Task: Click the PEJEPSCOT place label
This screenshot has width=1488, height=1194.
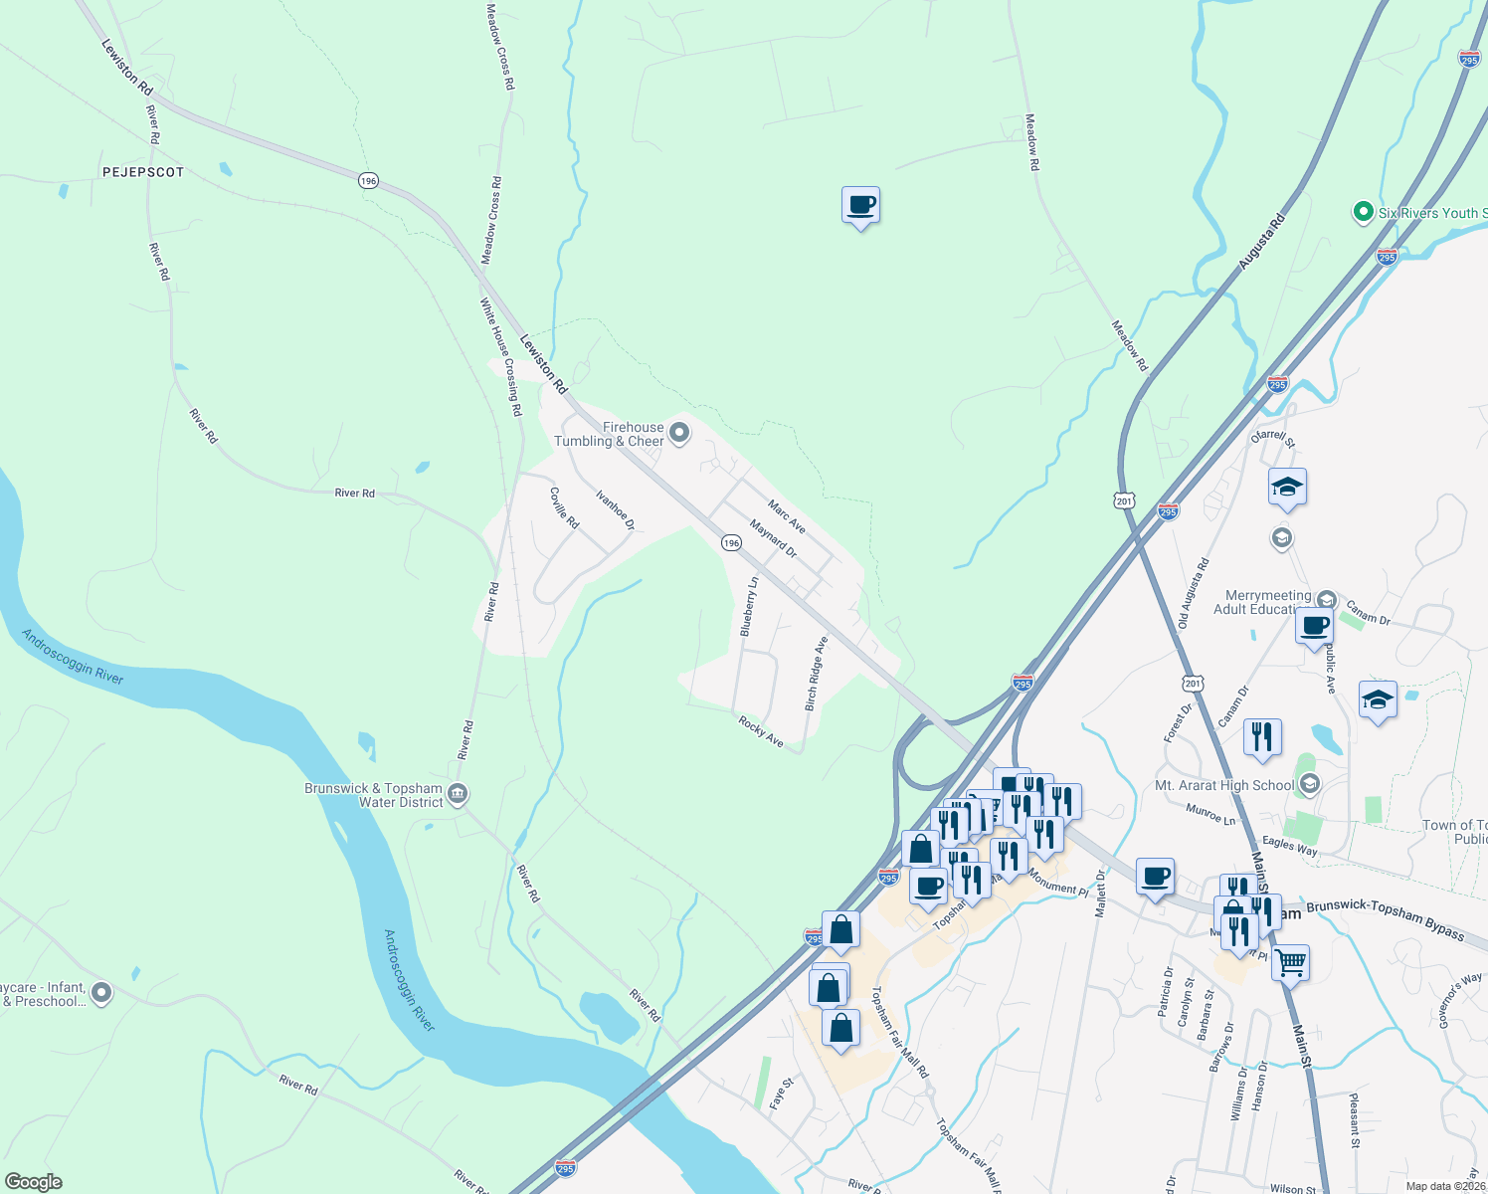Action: point(143,172)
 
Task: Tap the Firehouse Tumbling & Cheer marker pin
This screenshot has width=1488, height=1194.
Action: point(679,432)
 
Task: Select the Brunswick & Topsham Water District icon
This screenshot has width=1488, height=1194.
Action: point(458,793)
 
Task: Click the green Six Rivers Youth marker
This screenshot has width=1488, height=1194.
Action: point(1364,212)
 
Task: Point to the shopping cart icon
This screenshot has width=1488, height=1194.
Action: point(1290,961)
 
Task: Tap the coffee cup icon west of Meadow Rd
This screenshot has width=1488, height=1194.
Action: point(860,205)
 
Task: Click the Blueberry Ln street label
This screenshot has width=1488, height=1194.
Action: point(750,606)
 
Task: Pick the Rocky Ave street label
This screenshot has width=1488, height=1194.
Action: point(761,731)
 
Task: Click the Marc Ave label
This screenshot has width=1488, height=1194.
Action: point(787,516)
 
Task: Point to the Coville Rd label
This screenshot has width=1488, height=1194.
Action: point(564,507)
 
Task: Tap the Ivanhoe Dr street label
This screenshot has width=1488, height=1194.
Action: point(615,508)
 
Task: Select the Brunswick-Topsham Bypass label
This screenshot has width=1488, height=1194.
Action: point(1385,919)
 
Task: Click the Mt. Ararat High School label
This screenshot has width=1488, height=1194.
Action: point(1224,785)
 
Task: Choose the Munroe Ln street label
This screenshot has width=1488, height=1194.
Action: point(1210,814)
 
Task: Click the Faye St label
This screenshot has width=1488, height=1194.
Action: point(782,1093)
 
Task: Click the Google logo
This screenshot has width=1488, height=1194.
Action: point(34,1181)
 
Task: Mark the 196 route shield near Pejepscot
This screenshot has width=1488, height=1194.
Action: point(369,180)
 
